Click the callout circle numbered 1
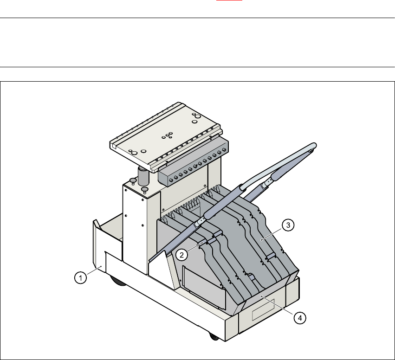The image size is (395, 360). click(80, 278)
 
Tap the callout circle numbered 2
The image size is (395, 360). click(181, 255)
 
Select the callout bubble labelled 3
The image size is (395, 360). click(288, 225)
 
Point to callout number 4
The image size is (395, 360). click(300, 318)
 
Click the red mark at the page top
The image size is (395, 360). click(229, 0)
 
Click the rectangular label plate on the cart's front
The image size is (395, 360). click(263, 309)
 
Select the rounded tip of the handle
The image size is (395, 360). click(314, 146)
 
